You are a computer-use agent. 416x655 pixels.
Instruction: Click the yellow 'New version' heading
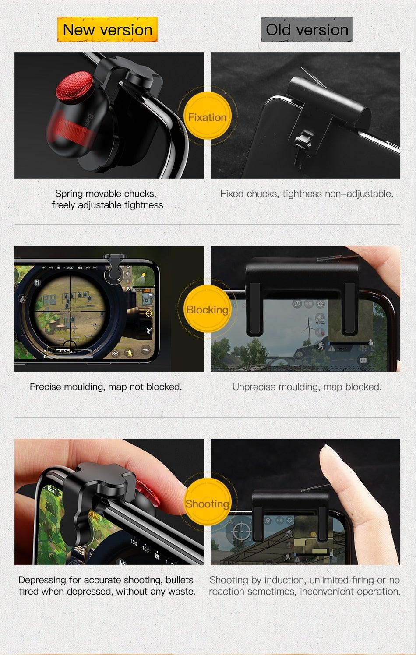107,30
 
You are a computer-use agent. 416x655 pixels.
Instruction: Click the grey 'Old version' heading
307,30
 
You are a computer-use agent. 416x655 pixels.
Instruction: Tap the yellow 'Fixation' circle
207,117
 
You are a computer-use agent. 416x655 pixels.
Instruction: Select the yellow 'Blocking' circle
207,310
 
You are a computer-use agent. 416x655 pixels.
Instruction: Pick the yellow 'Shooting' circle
207,504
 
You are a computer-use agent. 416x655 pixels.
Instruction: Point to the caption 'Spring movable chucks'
106,194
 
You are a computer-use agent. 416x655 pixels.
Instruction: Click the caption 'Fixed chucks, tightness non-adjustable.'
307,194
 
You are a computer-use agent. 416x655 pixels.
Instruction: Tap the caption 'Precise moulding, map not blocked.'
106,387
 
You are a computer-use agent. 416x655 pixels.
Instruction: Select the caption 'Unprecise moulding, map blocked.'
307,387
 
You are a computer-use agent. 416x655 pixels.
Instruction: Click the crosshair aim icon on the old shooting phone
241,531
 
